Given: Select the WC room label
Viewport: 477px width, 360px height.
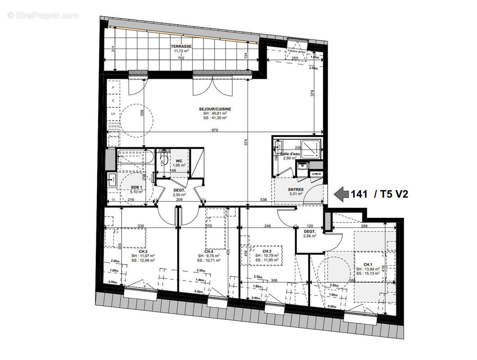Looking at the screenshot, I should click(179, 161).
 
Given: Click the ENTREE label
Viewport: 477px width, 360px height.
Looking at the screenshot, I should click(296, 189).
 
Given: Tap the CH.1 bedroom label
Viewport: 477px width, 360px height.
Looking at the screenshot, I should click(368, 265).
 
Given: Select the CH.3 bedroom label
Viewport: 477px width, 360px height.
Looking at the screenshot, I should click(267, 251).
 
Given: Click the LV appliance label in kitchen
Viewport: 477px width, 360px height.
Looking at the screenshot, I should click(113, 115).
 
